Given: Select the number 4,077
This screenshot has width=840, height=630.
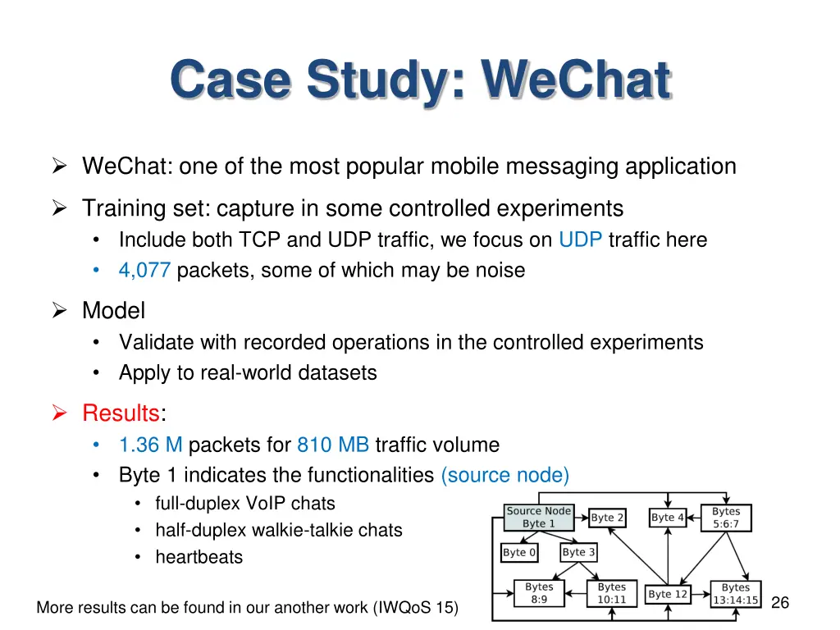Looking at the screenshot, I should coord(144,270).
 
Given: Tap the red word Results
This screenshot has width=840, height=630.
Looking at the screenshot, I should coord(120,413).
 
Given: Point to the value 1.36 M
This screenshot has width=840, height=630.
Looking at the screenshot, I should coord(150,445).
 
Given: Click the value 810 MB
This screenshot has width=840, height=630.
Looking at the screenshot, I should coord(332,445).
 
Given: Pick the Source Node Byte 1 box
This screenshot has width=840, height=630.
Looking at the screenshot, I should coord(538,518).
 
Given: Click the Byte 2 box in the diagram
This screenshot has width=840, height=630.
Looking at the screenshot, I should coord(608,518).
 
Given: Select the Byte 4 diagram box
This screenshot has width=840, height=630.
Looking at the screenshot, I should coord(668,518).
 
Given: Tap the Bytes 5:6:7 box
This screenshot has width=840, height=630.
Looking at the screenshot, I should coord(726,518).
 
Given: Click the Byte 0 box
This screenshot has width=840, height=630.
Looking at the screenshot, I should coord(518,552).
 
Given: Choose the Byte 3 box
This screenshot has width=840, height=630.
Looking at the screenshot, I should coord(578,552).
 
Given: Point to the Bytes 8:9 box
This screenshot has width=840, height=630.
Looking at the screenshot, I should coord(539,593).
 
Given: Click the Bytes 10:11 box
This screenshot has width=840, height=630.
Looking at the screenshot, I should coord(611,593).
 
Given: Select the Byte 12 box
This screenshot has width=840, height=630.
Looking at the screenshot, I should coord(668,594).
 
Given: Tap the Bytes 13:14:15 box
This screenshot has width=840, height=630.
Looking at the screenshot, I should coord(735,594).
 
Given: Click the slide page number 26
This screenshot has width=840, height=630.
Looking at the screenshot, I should coord(780,603).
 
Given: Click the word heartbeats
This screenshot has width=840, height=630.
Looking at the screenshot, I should coord(199,558).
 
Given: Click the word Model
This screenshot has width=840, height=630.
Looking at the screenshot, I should coord(113,311).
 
